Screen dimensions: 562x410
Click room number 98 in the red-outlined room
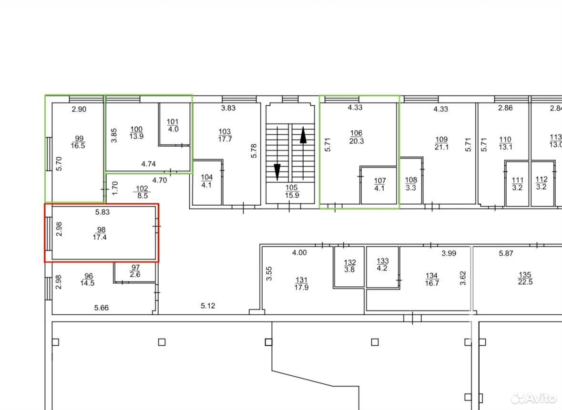101,230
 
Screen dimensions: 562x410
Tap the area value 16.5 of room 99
78,146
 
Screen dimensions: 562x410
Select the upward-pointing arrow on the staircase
303,153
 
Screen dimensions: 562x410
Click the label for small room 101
173,122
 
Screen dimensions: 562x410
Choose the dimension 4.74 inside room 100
148,164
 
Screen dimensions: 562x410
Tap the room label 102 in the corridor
142,189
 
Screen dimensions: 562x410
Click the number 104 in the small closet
207,177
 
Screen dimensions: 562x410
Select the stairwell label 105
291,187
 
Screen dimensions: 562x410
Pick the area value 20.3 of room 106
356,141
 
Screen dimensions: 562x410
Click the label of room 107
379,181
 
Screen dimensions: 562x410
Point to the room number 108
411,180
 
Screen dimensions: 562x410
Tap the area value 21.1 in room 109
441,147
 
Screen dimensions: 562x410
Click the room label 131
301,280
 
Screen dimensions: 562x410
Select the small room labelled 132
349,266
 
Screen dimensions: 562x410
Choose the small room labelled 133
383,266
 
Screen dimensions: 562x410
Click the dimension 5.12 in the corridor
208,306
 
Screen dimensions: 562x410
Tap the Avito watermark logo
534,398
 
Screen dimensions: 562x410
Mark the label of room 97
135,268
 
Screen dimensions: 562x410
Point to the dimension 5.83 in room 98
102,212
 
